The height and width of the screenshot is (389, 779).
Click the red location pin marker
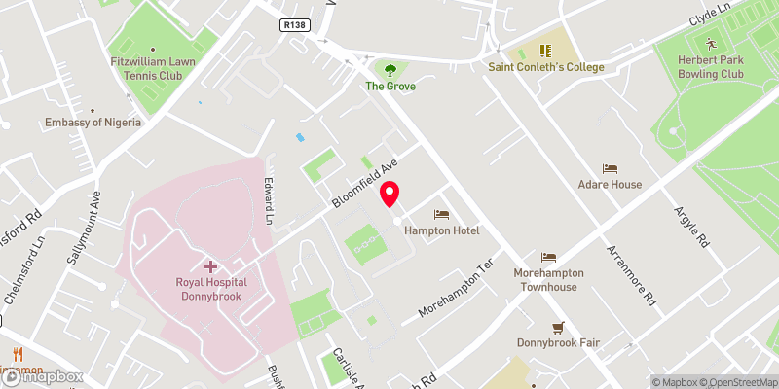pyautogui.click(x=390, y=194)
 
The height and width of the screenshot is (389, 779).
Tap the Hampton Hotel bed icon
pyautogui.click(x=441, y=213)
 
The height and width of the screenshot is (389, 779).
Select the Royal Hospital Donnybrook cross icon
pyautogui.click(x=210, y=265)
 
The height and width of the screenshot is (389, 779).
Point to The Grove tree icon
pyautogui.click(x=390, y=70)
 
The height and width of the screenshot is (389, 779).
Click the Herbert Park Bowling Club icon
pyautogui.click(x=711, y=44)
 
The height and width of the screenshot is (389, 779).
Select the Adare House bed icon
pyautogui.click(x=610, y=168)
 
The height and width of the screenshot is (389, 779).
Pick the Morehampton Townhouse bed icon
pyautogui.click(x=548, y=258)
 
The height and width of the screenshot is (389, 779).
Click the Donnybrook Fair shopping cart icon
pyautogui.click(x=558, y=327)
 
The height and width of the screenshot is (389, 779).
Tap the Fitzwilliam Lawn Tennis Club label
pyautogui.click(x=153, y=74)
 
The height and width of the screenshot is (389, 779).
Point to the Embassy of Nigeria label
pyautogui.click(x=93, y=123)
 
